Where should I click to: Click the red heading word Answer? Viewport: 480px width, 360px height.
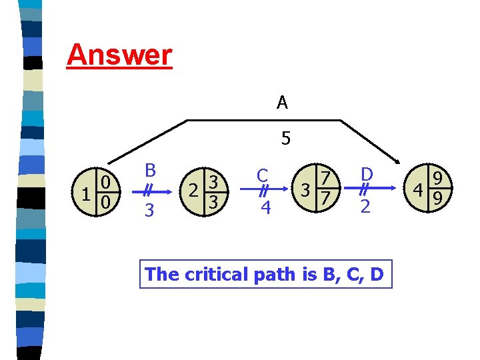119,55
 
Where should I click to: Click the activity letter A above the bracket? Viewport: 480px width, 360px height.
282,103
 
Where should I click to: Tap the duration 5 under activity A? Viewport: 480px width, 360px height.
285,139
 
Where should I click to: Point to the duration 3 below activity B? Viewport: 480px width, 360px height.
150,211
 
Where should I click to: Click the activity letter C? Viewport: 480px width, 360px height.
263,175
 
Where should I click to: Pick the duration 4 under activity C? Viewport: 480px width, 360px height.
265,209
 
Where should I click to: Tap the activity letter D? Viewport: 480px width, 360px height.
366,175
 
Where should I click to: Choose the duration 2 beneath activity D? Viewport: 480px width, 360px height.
365,207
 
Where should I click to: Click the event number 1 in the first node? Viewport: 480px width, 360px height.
85,193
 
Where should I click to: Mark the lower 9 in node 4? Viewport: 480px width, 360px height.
438,199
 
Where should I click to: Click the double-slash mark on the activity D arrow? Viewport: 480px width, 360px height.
365,189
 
